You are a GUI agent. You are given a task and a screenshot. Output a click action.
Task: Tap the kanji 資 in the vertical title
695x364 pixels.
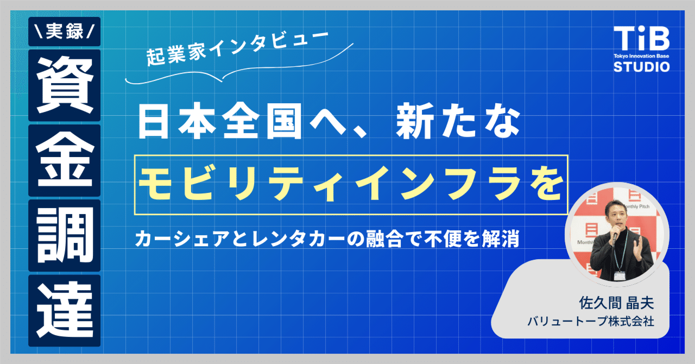click(64, 85)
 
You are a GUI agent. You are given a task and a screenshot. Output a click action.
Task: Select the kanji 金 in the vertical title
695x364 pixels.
click(64, 160)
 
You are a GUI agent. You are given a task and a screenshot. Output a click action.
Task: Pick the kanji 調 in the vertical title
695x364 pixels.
click(64, 235)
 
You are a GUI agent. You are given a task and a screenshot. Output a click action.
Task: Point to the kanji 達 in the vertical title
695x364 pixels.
click(64, 310)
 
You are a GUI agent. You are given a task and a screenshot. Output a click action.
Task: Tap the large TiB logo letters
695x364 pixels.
click(641, 39)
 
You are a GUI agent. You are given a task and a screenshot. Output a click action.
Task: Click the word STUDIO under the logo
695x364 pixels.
click(641, 67)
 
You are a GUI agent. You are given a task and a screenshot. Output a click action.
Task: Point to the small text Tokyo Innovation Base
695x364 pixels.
click(641, 57)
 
